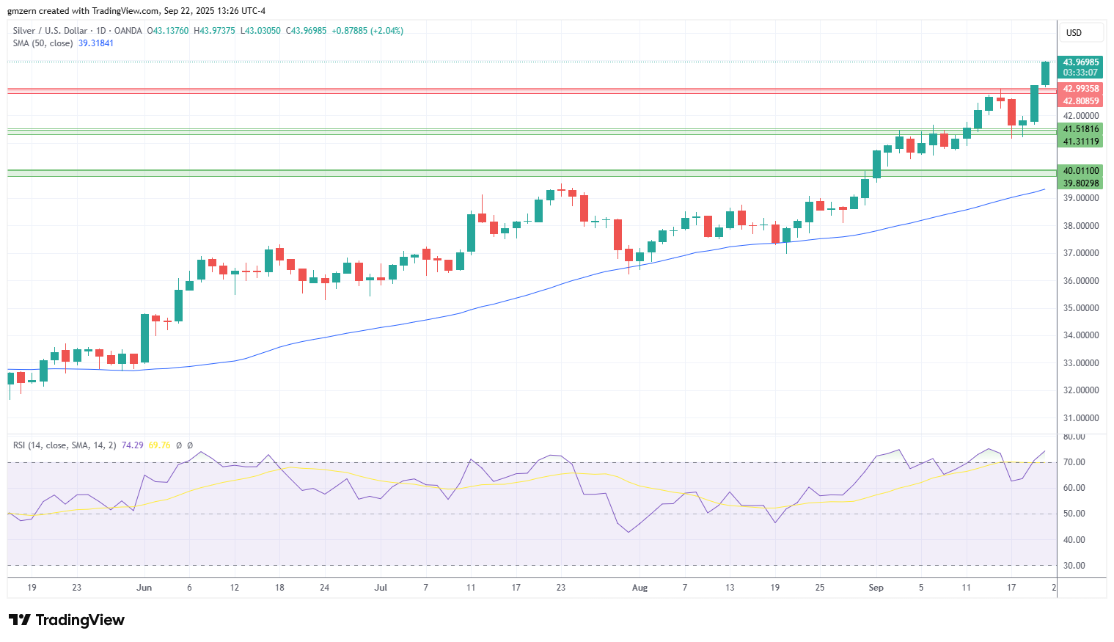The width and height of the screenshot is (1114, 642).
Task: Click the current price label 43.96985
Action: click(x=1081, y=62)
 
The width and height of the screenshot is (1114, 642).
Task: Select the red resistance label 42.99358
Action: click(x=1081, y=89)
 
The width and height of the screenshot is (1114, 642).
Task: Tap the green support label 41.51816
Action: click(x=1081, y=129)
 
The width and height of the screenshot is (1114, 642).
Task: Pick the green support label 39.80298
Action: click(x=1081, y=183)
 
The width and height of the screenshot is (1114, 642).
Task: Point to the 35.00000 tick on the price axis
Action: click(x=1081, y=308)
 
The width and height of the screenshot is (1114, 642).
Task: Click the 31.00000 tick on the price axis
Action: click(x=1081, y=418)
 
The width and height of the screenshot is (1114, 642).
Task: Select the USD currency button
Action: click(x=1074, y=33)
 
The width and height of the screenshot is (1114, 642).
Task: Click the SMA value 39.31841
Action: click(x=96, y=43)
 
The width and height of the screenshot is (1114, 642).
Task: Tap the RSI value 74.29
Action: click(x=132, y=445)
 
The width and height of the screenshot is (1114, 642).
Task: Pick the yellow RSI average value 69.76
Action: click(x=159, y=445)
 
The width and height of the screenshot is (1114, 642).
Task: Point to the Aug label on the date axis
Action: click(x=640, y=588)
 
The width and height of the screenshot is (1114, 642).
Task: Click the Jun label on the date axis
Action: click(x=144, y=588)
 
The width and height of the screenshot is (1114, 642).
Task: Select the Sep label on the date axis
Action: click(x=876, y=588)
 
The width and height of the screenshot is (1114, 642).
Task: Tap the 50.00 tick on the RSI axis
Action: click(x=1074, y=514)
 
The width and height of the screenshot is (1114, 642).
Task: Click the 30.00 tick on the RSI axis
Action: click(x=1074, y=566)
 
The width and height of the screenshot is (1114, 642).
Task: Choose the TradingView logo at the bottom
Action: click(x=67, y=620)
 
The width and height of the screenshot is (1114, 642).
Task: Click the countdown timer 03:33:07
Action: click(x=1081, y=73)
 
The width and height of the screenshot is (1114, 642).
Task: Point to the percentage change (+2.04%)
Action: click(x=386, y=31)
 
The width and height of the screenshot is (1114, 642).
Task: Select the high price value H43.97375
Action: click(x=214, y=31)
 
